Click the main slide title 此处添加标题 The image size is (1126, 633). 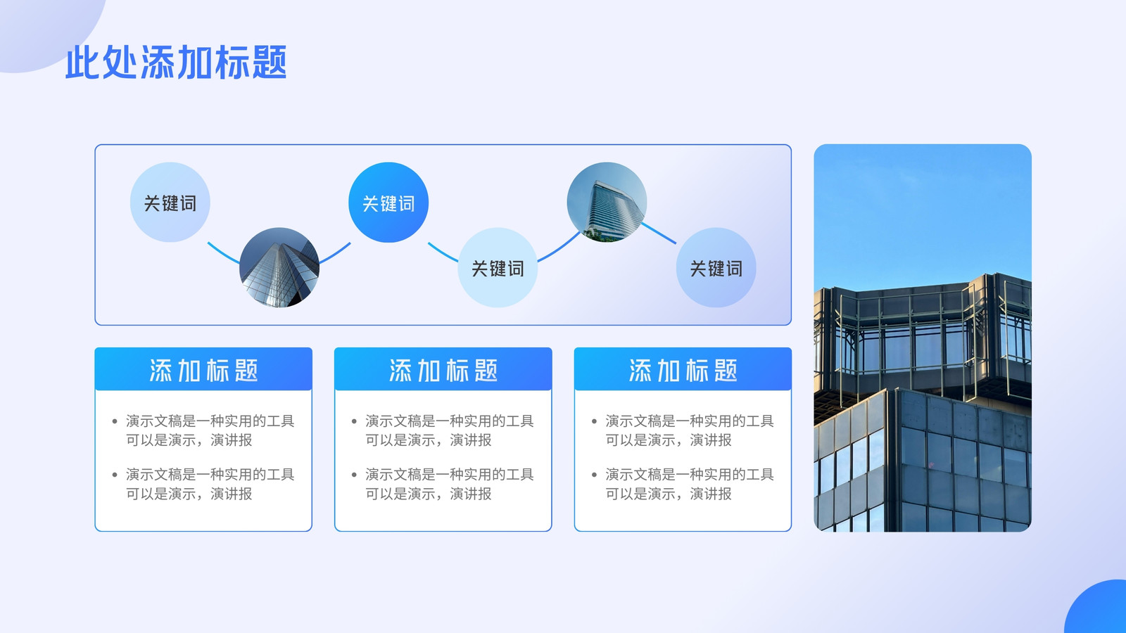coord(176,63)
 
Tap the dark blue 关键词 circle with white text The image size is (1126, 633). coord(388,203)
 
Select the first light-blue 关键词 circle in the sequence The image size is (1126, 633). coord(170,203)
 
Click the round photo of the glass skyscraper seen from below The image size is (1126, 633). coord(279,267)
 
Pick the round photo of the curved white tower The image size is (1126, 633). coord(607,203)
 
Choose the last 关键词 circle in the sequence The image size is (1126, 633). coord(716,267)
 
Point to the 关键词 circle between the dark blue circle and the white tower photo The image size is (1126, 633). coord(498,267)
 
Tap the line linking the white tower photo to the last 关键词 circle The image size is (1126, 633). coord(659,234)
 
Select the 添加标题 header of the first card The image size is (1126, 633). coord(203,370)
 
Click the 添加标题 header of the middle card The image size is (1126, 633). coord(443,370)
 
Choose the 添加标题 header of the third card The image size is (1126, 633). coord(683,370)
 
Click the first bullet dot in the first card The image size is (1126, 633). coord(115,421)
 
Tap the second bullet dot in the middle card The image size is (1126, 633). coord(355,475)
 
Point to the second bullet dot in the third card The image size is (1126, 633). coord(594,475)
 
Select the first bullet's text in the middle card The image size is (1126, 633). coord(450,430)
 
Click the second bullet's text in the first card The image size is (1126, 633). coord(210,484)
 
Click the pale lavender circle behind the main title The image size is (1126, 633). coord(45,30)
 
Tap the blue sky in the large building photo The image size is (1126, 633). coord(923,211)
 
